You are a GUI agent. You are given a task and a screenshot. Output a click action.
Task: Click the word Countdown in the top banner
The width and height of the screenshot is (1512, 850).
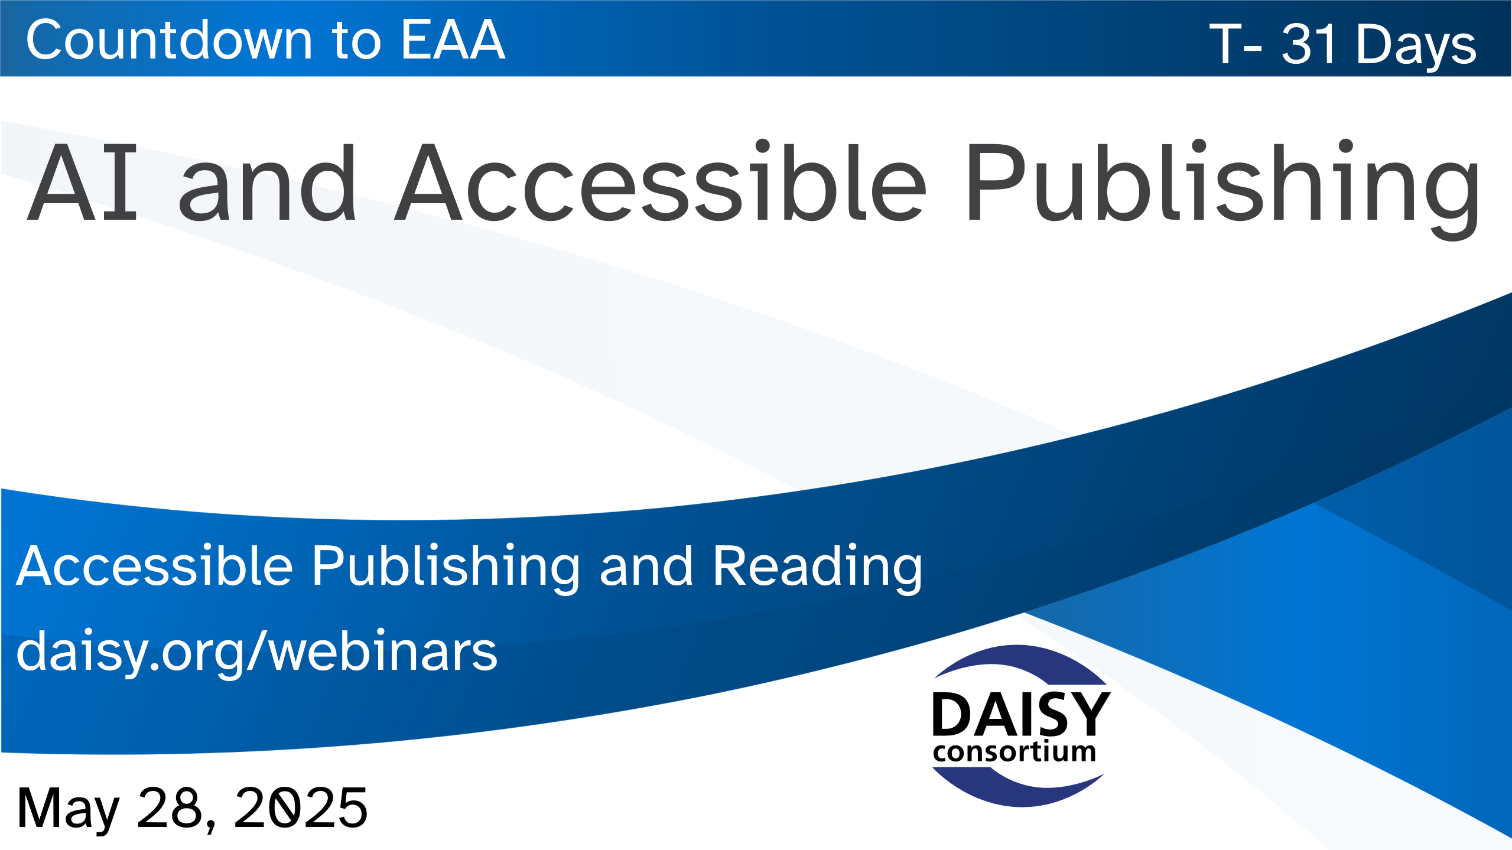[169, 40]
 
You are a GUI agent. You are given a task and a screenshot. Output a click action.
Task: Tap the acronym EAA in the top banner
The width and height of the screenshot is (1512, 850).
[453, 40]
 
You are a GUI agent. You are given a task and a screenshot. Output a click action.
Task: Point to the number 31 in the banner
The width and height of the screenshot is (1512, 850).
[1308, 44]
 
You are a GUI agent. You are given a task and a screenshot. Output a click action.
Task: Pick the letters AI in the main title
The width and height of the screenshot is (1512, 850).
[83, 183]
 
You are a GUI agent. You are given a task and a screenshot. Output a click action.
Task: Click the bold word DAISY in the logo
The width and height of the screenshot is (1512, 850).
[1020, 714]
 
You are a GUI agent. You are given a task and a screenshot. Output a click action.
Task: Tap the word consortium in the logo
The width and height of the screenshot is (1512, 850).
[1014, 752]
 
